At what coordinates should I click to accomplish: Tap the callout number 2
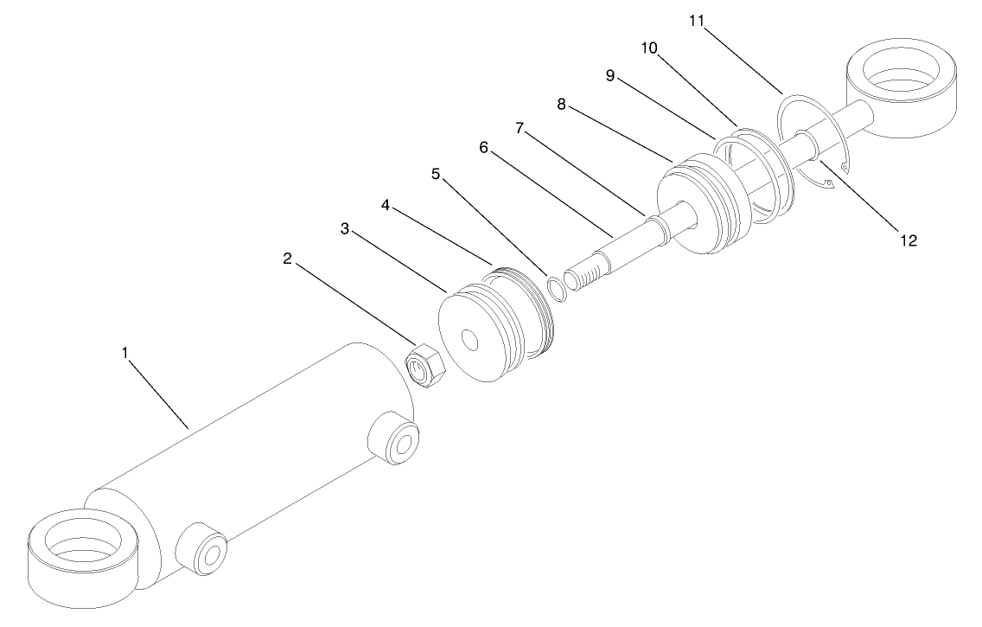(287, 258)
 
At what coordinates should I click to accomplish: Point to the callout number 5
(436, 174)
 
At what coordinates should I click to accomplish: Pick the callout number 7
(520, 128)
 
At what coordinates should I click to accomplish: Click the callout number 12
(908, 240)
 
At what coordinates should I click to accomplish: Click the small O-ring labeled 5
(556, 289)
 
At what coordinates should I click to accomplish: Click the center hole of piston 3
(472, 339)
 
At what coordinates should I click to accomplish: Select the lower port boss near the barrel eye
(201, 548)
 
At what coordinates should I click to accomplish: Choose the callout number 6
(484, 148)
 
